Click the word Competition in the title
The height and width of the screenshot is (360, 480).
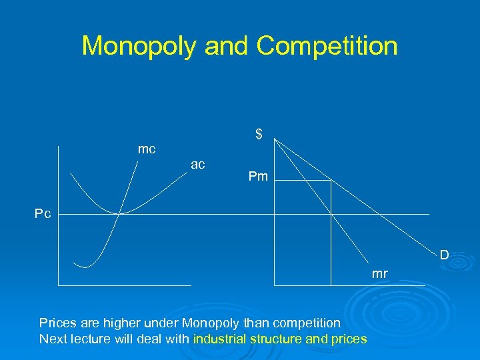coord(327,46)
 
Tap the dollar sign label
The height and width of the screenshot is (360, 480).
coord(259,135)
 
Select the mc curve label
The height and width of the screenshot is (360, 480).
coord(147,149)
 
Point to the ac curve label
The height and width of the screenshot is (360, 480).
coord(198,164)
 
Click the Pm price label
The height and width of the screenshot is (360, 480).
coord(258,177)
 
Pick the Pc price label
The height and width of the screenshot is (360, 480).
coord(43,214)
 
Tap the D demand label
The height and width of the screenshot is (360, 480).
coord(443,255)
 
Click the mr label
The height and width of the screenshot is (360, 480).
coord(379,273)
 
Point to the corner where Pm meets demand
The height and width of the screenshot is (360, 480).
coord(331,180)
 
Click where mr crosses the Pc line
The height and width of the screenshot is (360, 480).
coord(331,214)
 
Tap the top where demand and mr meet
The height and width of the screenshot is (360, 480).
coord(275,140)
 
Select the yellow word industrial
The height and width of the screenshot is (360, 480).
coord(219,339)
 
